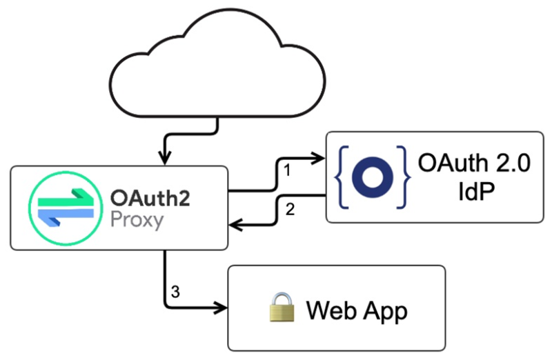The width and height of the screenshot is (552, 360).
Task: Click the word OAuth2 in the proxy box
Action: (149, 198)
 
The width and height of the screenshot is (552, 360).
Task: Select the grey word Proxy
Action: (137, 221)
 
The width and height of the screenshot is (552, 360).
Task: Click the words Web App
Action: (357, 311)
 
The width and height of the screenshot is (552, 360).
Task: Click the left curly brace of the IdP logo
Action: (343, 177)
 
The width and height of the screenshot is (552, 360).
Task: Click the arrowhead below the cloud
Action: (166, 158)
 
